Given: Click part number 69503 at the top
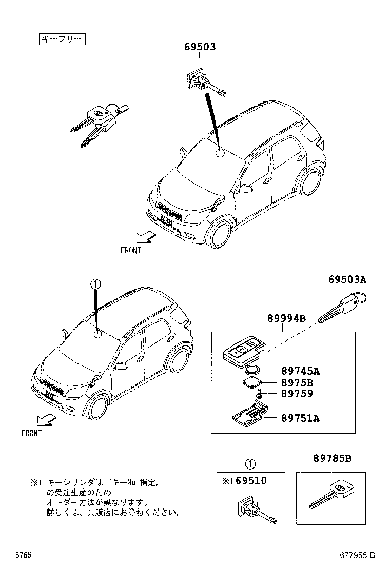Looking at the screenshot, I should coord(200,47).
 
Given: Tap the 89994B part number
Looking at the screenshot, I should coord(286,319).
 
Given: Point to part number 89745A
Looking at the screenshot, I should coord(300,371).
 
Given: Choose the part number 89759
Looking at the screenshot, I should coord(297,394).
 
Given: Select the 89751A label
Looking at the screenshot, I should coord(300,418).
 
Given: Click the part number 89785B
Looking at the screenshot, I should coord(333,459).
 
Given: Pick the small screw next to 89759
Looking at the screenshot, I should coord(260,394).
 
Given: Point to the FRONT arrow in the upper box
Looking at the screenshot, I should coord(145,237).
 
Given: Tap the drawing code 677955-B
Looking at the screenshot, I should coord(357,555).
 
